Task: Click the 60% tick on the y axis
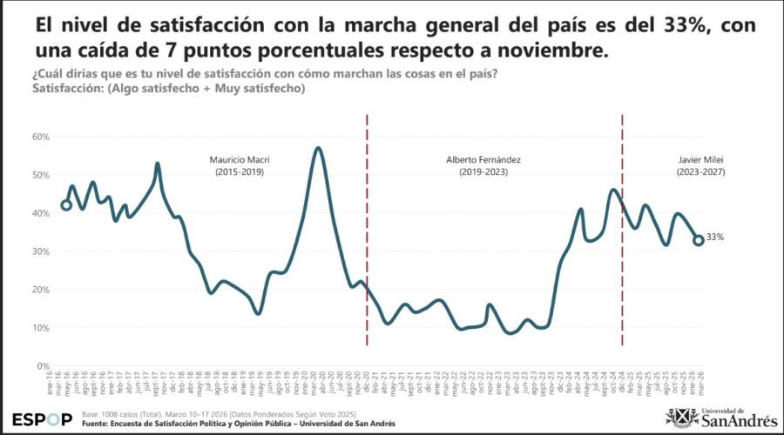[x=41, y=137]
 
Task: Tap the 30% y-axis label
[x=41, y=251]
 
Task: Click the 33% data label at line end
[x=715, y=238]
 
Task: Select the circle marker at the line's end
[x=699, y=240]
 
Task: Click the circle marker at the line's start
[x=66, y=205]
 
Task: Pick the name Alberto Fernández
[x=483, y=160]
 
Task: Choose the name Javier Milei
[x=701, y=160]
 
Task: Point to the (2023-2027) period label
[x=701, y=172]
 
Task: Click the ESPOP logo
[x=43, y=418]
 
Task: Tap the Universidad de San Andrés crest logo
[x=680, y=417]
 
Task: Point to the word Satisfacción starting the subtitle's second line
[x=66, y=88]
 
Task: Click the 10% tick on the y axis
[x=41, y=327]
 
